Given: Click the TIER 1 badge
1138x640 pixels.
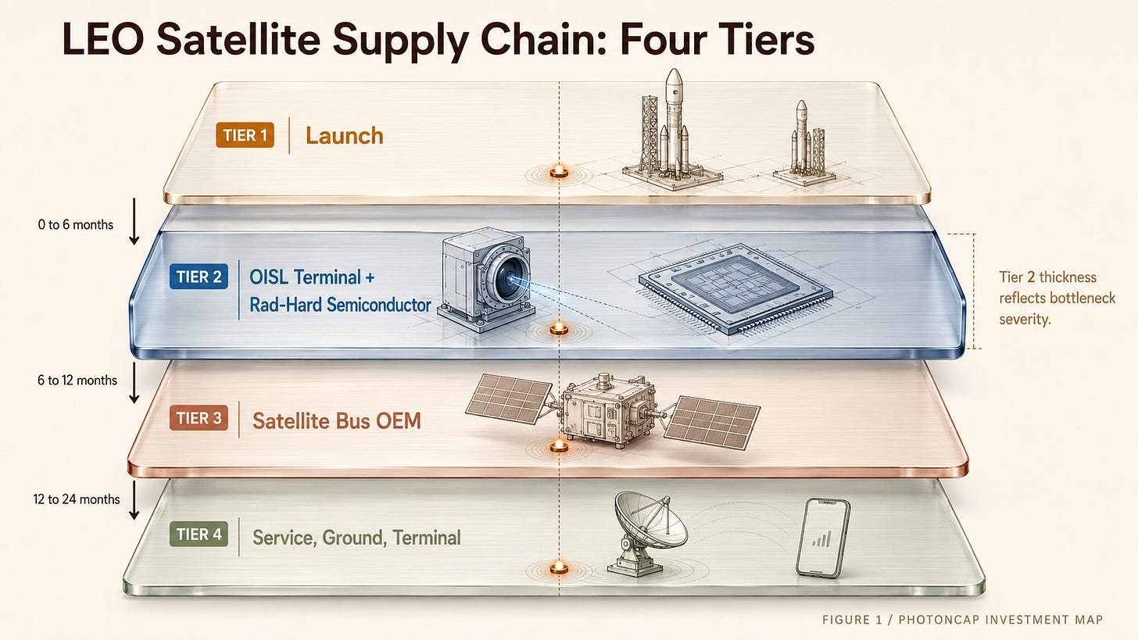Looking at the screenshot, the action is click(245, 135).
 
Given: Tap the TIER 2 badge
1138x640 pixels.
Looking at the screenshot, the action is click(199, 277).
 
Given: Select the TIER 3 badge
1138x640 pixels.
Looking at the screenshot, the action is click(199, 418).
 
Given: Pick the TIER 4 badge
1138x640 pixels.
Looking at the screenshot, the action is click(199, 534).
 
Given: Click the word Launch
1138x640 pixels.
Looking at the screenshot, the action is click(345, 136).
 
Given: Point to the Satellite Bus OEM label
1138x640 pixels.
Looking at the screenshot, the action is click(337, 420).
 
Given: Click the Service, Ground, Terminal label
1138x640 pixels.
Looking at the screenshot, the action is click(356, 538).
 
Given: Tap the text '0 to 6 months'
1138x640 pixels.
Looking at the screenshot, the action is click(76, 224).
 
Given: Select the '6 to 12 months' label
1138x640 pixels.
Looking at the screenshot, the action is click(77, 380).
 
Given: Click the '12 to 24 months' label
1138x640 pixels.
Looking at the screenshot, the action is click(77, 499).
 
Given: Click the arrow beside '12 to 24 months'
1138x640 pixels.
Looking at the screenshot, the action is click(134, 500).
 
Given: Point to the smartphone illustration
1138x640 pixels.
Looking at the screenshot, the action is click(822, 538).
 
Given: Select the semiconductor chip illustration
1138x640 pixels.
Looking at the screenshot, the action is click(735, 288).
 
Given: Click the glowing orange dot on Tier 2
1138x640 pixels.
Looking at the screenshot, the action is click(559, 328).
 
